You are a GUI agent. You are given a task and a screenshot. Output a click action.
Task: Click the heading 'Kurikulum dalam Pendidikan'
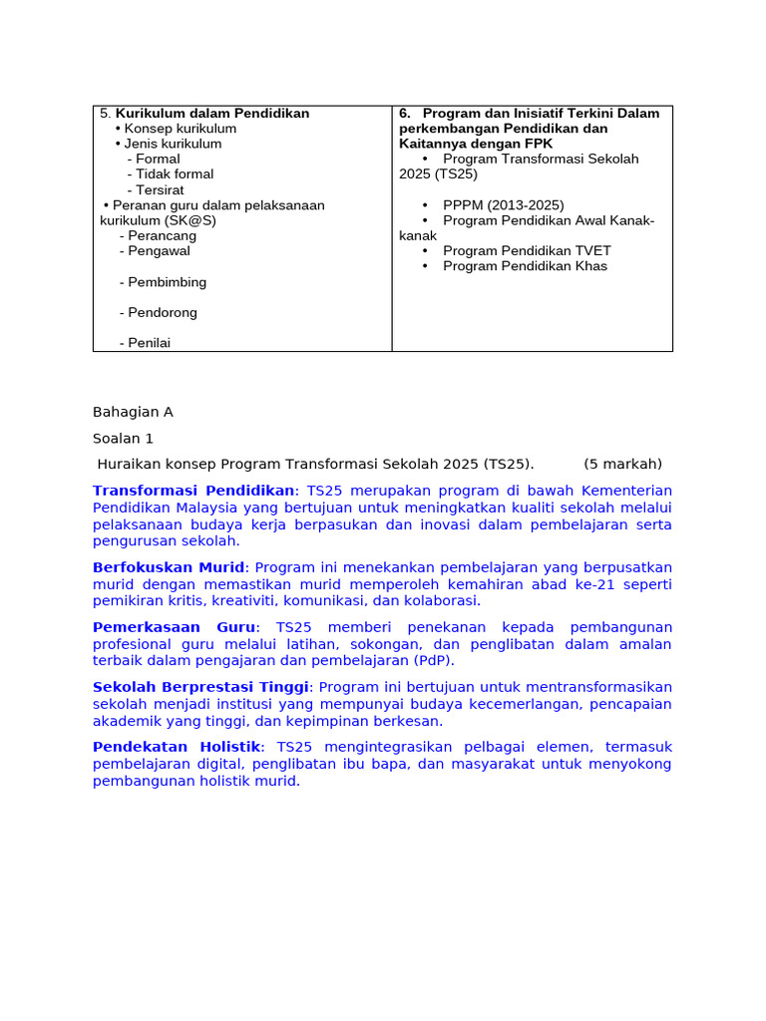pos(212,114)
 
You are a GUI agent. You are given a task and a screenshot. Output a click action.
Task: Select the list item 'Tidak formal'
pos(175,174)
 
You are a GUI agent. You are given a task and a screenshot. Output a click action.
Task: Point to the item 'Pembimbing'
pos(167,282)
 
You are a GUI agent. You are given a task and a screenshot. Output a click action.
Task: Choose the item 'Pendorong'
pos(163,313)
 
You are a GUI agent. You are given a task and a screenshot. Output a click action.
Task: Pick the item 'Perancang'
pos(162,236)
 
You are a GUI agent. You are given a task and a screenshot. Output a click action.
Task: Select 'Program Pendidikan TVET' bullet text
pos(527,251)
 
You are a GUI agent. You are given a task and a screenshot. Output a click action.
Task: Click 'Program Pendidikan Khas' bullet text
pos(525,266)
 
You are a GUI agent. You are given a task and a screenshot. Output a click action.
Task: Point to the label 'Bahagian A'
pos(133,412)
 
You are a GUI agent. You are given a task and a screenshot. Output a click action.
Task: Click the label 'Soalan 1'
pos(124,438)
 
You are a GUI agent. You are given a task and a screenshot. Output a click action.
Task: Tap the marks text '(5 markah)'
pos(622,464)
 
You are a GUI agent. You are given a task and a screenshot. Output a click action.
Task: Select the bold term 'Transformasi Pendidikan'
pos(193,491)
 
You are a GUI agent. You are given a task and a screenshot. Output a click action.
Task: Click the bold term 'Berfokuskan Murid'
pos(169,567)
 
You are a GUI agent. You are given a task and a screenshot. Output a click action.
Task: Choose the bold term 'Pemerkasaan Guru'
pos(174,627)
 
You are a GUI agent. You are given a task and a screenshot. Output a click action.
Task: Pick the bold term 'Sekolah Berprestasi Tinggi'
pos(201,687)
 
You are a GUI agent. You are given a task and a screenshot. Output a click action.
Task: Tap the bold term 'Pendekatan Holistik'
pos(177,747)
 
